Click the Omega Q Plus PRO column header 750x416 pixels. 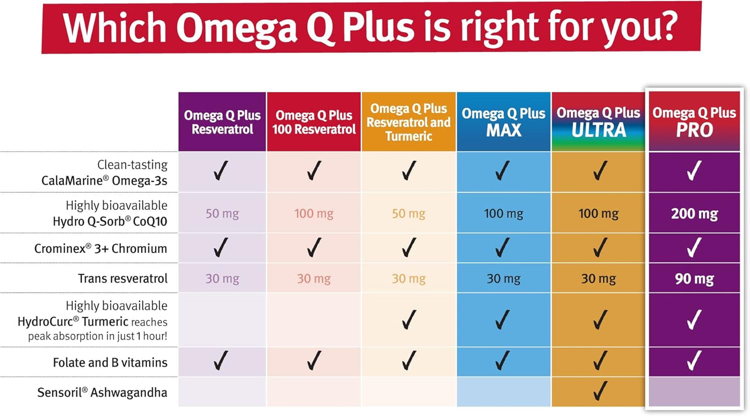694,122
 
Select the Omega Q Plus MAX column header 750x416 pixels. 503,122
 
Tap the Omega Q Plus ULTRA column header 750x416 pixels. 598,122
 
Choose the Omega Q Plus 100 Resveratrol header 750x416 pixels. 314,122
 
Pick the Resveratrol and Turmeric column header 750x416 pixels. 409,122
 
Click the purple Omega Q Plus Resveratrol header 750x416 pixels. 222,122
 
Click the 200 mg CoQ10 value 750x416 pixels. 694,213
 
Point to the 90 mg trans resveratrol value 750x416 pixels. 694,279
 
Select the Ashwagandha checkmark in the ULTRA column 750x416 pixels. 600,388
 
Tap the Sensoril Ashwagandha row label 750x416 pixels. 102,392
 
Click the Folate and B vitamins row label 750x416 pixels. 110,362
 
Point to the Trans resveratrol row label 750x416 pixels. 122,278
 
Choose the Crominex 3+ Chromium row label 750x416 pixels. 101,248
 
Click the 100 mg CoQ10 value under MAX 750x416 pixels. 503,213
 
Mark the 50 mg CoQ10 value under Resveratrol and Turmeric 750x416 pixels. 408,213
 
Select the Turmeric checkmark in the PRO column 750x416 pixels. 694,320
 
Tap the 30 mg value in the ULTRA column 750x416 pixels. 598,279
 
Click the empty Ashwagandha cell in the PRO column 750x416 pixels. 694,392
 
